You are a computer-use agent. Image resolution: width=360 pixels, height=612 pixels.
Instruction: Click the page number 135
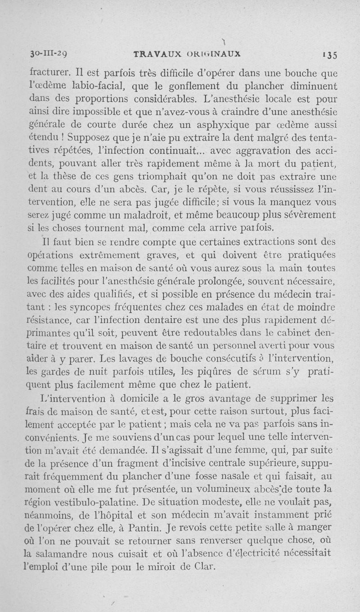point(331,54)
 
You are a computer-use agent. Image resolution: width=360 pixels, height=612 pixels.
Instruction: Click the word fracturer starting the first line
point(48,71)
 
